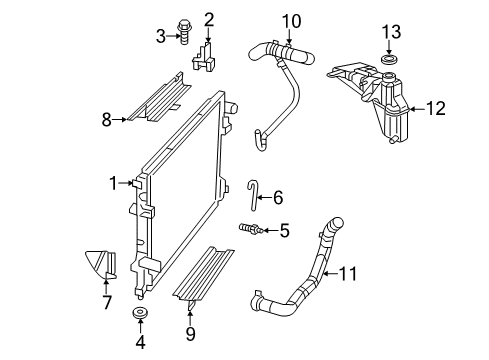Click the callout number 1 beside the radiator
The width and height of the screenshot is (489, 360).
tap(113, 182)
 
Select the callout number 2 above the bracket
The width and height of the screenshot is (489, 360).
tap(209, 18)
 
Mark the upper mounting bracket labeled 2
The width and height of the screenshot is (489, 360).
tap(208, 56)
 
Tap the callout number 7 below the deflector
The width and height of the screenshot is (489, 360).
tap(106, 303)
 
